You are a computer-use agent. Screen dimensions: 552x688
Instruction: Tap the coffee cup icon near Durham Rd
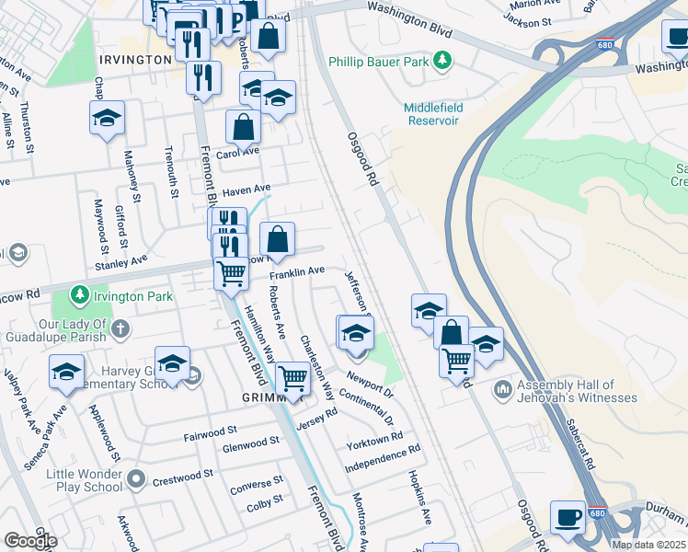[568, 517]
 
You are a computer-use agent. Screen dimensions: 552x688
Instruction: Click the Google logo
[30, 541]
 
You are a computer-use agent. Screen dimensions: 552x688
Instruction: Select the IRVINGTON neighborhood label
[135, 59]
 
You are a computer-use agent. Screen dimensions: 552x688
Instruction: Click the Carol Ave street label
[239, 151]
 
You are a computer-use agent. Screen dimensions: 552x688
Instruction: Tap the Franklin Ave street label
[297, 271]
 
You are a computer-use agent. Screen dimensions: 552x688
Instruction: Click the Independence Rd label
[382, 457]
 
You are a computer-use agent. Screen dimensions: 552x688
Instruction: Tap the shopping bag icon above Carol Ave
[244, 127]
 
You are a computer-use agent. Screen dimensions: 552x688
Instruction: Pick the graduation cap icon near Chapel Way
[107, 118]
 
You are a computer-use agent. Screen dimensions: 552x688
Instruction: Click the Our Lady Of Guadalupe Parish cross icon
[121, 328]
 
